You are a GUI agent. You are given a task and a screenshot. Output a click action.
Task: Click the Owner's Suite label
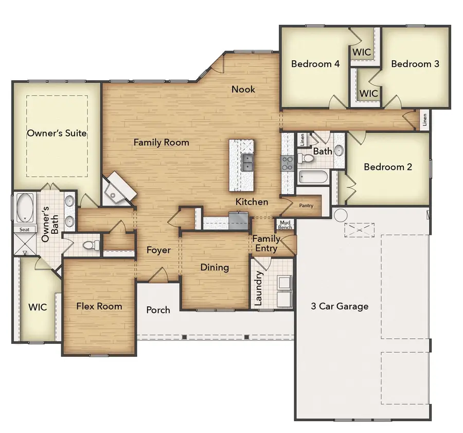pos(57,133)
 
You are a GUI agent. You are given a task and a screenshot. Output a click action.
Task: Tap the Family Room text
pos(162,143)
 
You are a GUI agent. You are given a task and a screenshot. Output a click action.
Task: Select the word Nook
pos(243,89)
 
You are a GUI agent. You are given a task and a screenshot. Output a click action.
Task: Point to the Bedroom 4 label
pos(315,64)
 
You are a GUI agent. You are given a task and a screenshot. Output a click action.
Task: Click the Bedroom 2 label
pos(388,167)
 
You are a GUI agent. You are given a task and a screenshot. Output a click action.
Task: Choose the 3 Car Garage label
pos(340,306)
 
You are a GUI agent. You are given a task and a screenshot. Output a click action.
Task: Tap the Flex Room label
pos(99,306)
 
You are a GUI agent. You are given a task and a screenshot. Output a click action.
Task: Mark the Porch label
pos(158,310)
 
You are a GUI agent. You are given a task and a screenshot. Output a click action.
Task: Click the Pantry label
pos(306,205)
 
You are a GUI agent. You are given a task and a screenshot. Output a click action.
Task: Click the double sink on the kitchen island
pos(247,163)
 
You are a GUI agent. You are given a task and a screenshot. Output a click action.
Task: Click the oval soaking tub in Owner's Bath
pos(24,207)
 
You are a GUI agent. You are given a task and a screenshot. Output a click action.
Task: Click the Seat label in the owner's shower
pos(24,230)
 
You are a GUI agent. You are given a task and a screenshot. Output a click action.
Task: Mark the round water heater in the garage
pos(341,214)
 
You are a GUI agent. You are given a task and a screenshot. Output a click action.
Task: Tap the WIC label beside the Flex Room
pos(38,307)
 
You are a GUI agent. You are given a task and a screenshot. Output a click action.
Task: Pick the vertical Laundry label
pos(259,288)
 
